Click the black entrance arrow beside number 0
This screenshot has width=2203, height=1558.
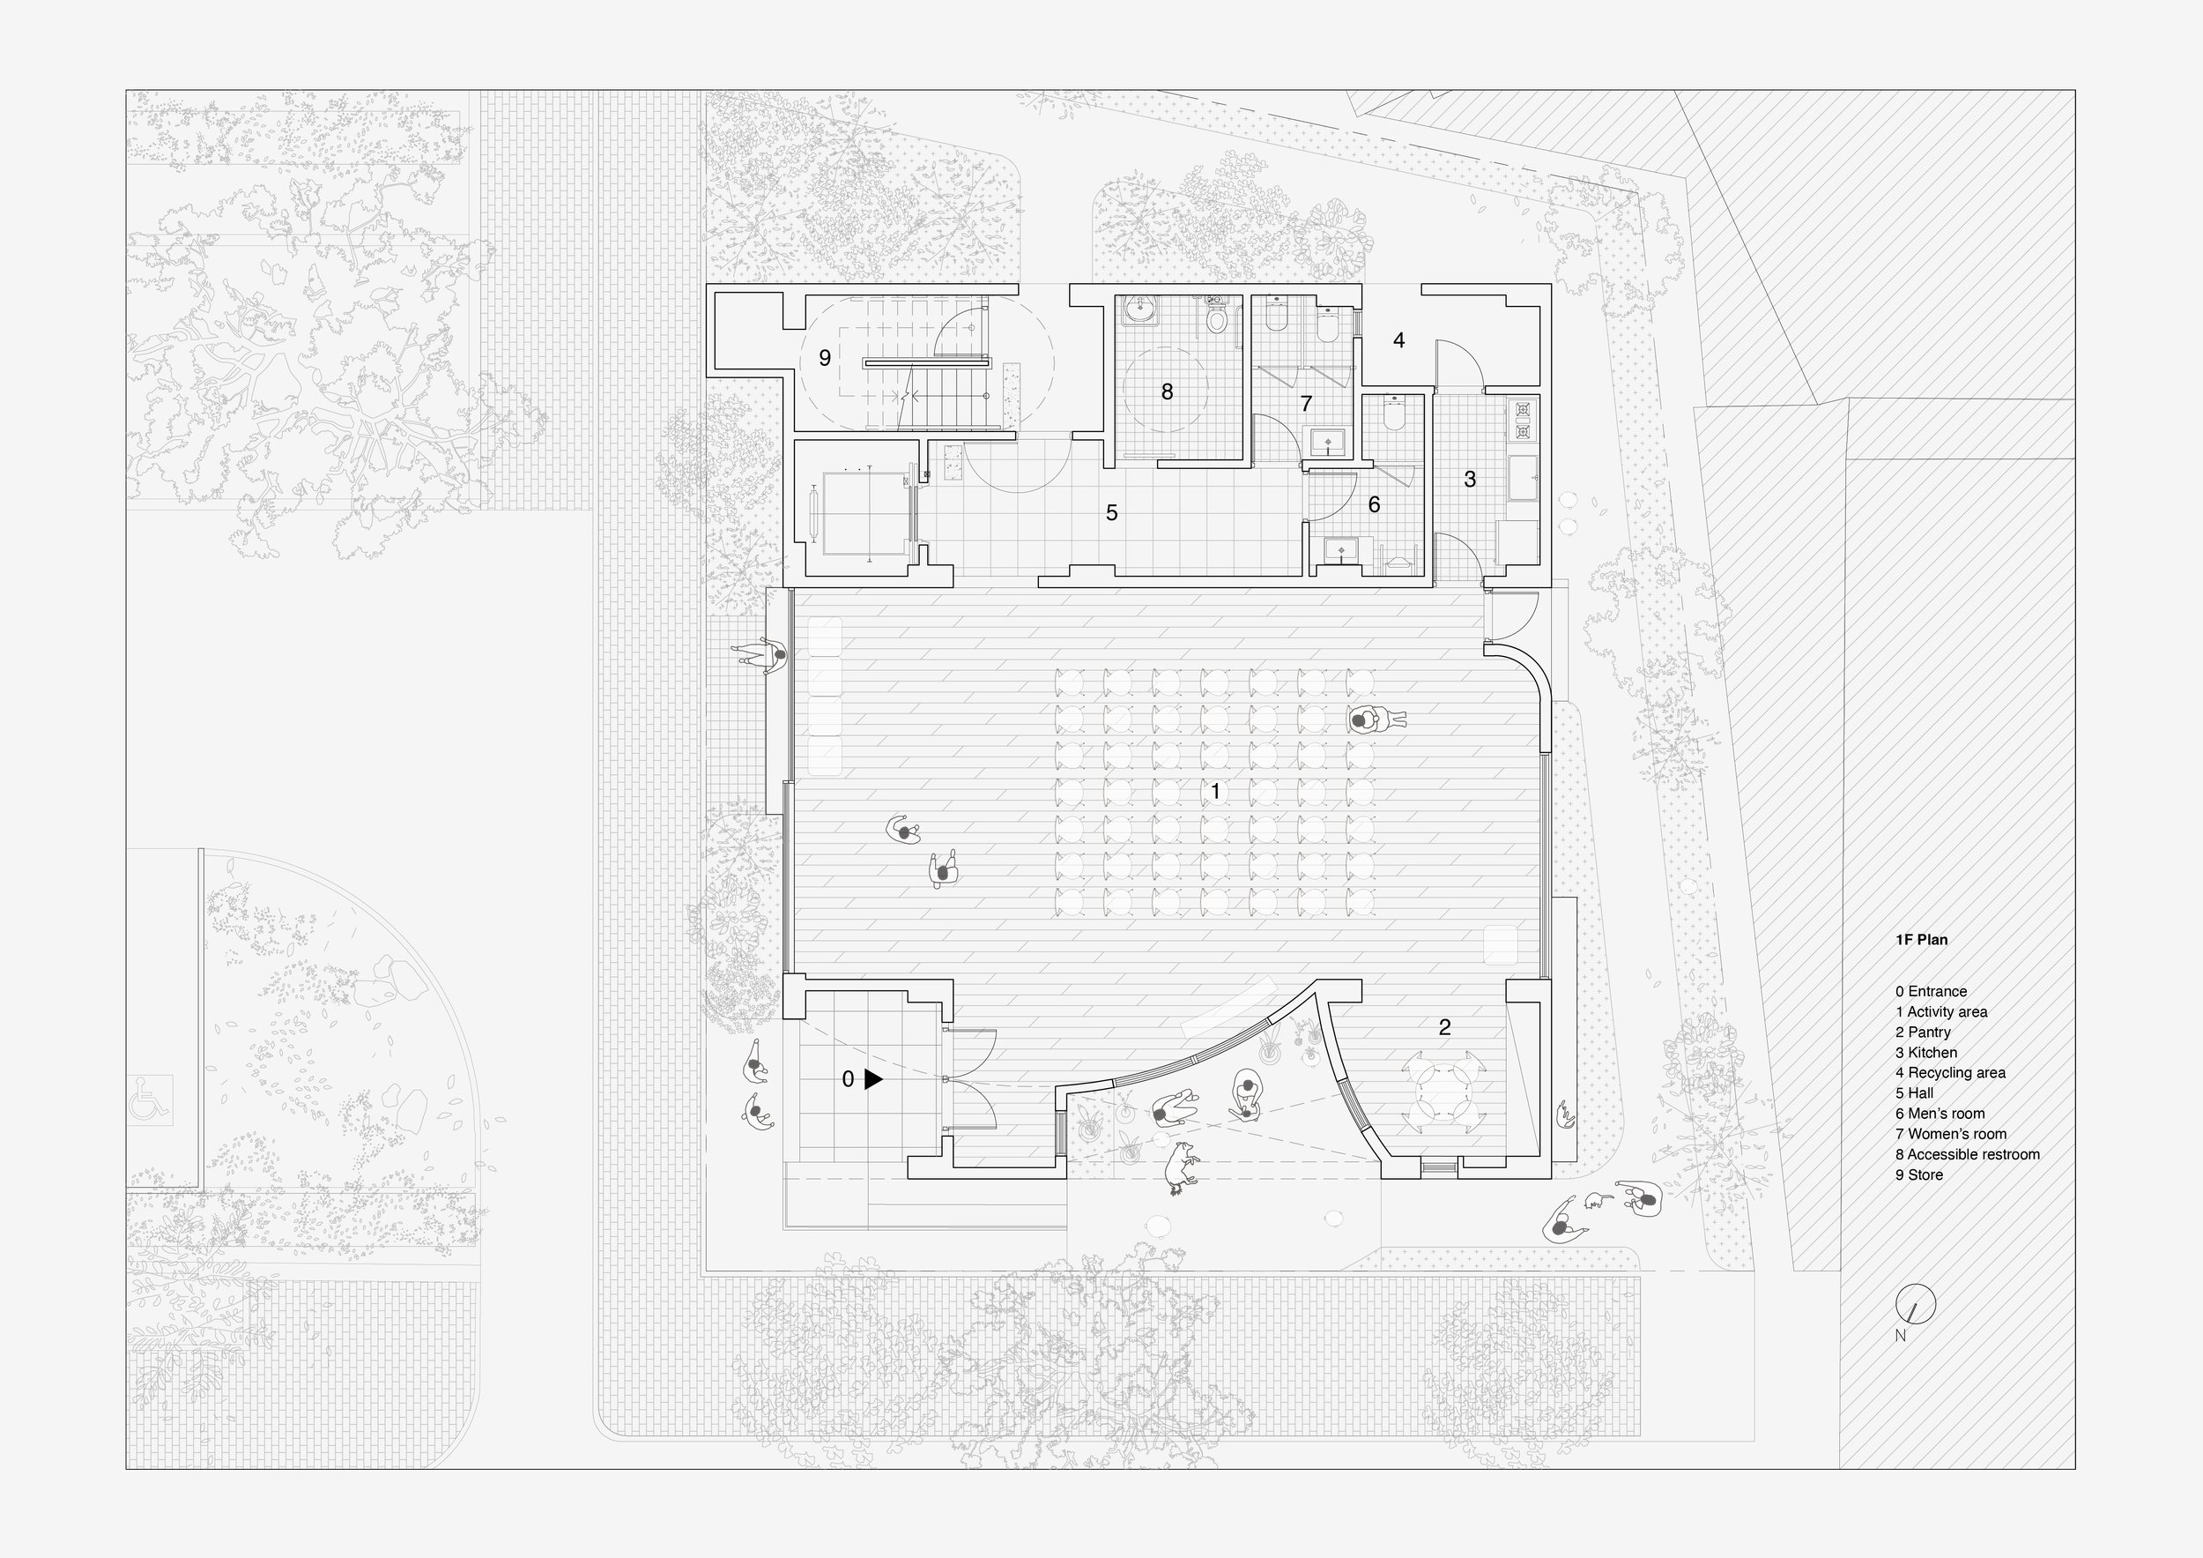click(873, 1079)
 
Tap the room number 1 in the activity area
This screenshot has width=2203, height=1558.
click(1216, 791)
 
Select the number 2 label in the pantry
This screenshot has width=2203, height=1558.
click(1445, 1027)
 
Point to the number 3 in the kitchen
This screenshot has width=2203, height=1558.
click(1469, 479)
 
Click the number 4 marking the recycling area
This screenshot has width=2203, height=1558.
click(1399, 339)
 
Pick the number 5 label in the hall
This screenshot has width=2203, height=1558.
click(1111, 512)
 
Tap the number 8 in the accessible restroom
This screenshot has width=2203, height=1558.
click(1167, 391)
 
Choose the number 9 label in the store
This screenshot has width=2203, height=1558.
click(824, 358)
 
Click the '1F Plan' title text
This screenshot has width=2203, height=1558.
click(1921, 940)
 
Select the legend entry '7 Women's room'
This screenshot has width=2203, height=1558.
click(1951, 1134)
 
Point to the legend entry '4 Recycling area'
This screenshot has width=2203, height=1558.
click(1950, 1072)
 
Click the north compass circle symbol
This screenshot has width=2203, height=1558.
click(1915, 1303)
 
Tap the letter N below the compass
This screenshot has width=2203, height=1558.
click(1900, 1334)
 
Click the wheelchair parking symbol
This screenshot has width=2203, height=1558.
click(151, 1099)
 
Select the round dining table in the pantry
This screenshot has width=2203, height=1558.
click(1443, 1089)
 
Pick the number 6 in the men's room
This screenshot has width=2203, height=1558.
click(1374, 504)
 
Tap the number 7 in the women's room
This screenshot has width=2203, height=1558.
click(1306, 404)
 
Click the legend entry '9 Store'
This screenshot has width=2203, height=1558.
click(1919, 1175)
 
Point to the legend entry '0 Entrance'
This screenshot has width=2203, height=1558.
click(1931, 992)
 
